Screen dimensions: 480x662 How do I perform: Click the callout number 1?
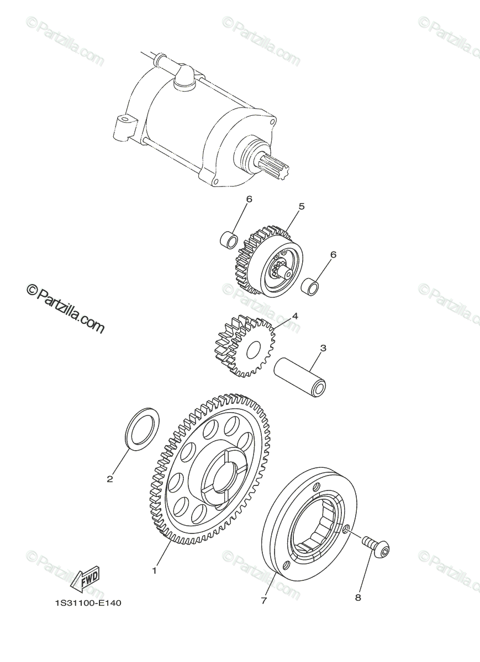[x=155, y=570]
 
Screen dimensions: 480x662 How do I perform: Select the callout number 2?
[x=110, y=479]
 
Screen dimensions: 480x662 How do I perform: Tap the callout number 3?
[x=323, y=348]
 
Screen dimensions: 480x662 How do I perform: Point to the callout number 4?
[x=295, y=316]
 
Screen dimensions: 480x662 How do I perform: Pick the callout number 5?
[x=302, y=206]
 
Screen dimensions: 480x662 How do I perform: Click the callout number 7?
[x=263, y=601]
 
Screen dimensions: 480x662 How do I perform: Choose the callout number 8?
[x=358, y=597]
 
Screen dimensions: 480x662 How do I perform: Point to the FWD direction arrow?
[x=85, y=579]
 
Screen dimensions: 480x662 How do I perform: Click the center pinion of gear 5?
[x=279, y=270]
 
